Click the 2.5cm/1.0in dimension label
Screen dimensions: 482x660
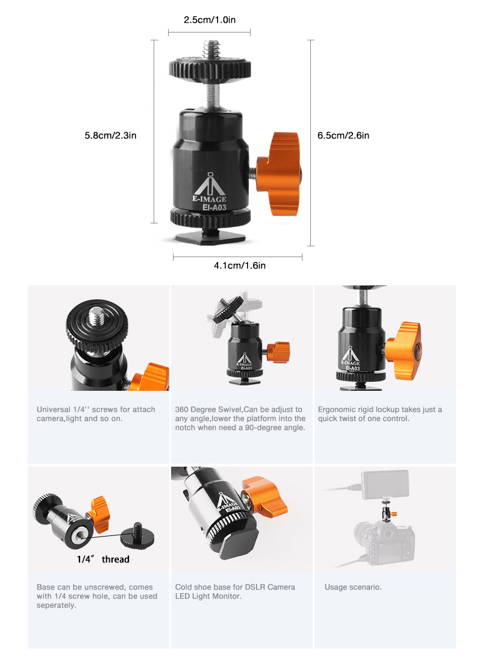pyautogui.click(x=210, y=20)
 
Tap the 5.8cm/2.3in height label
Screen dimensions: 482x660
pyautogui.click(x=110, y=135)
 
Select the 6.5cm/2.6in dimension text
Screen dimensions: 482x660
pyautogui.click(x=343, y=135)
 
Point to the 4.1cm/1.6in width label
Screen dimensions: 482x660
pyautogui.click(x=240, y=266)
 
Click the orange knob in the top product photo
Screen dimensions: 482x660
pyautogui.click(x=279, y=174)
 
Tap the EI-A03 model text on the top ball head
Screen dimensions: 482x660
pyautogui.click(x=214, y=208)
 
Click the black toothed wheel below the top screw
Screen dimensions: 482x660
pyautogui.click(x=210, y=69)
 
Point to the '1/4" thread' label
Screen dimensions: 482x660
pyautogui.click(x=103, y=559)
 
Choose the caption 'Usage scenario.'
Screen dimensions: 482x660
pyautogui.click(x=353, y=587)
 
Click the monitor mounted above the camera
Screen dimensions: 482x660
pyautogui.click(x=385, y=485)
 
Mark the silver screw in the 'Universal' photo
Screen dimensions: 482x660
pyautogui.click(x=97, y=316)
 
